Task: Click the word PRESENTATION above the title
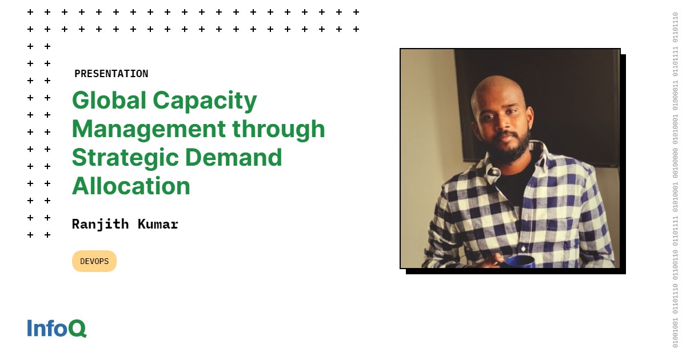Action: tap(111, 74)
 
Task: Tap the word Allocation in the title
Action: tap(131, 186)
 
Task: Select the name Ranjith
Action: tap(101, 224)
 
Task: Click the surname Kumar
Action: tap(158, 224)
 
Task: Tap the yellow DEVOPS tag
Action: tap(94, 261)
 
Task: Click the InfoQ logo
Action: tap(57, 328)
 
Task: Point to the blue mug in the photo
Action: tap(519, 262)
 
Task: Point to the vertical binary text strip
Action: tap(675, 180)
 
